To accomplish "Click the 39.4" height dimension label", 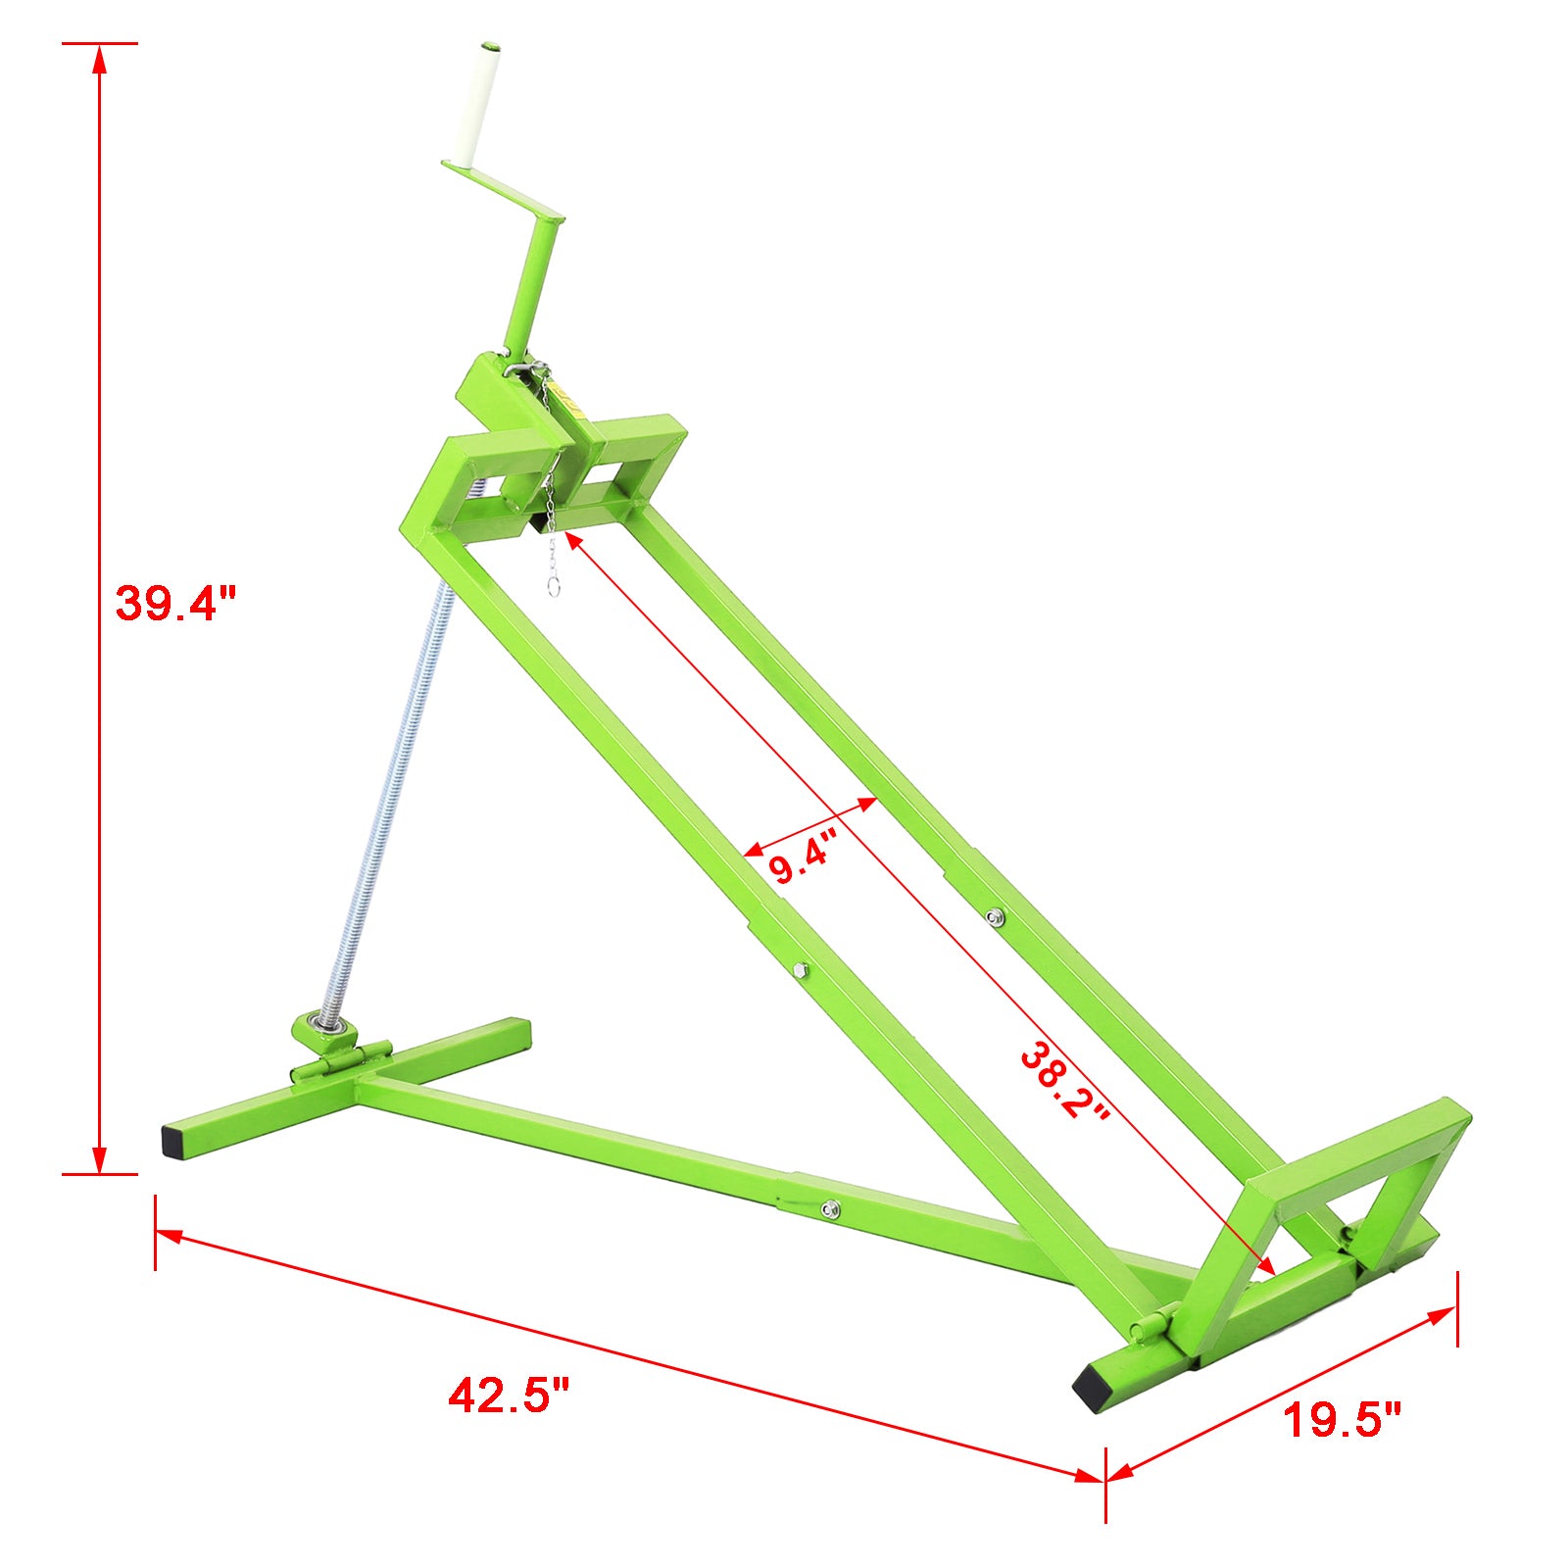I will pos(176,603).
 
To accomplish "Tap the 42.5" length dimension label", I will pos(509,1394).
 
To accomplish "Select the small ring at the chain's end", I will pos(554,589).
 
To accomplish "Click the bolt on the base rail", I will pos(830,1208).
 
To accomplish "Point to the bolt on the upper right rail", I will pos(995,917).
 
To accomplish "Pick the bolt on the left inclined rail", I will pos(799,970).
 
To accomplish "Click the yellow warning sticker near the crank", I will pos(566,397).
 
